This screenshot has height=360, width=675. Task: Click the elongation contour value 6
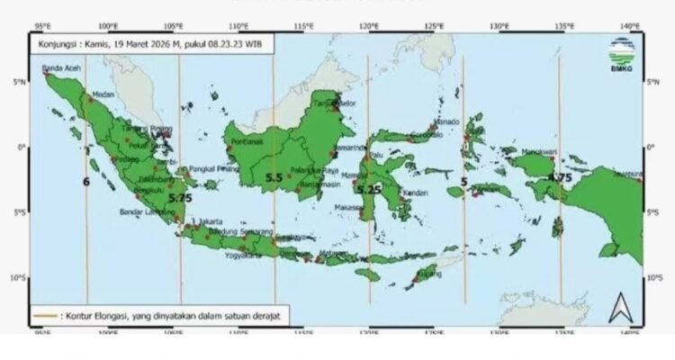[x=86, y=183]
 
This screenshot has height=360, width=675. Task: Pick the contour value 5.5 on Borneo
[x=274, y=178]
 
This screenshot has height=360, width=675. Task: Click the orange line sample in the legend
[x=43, y=316]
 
